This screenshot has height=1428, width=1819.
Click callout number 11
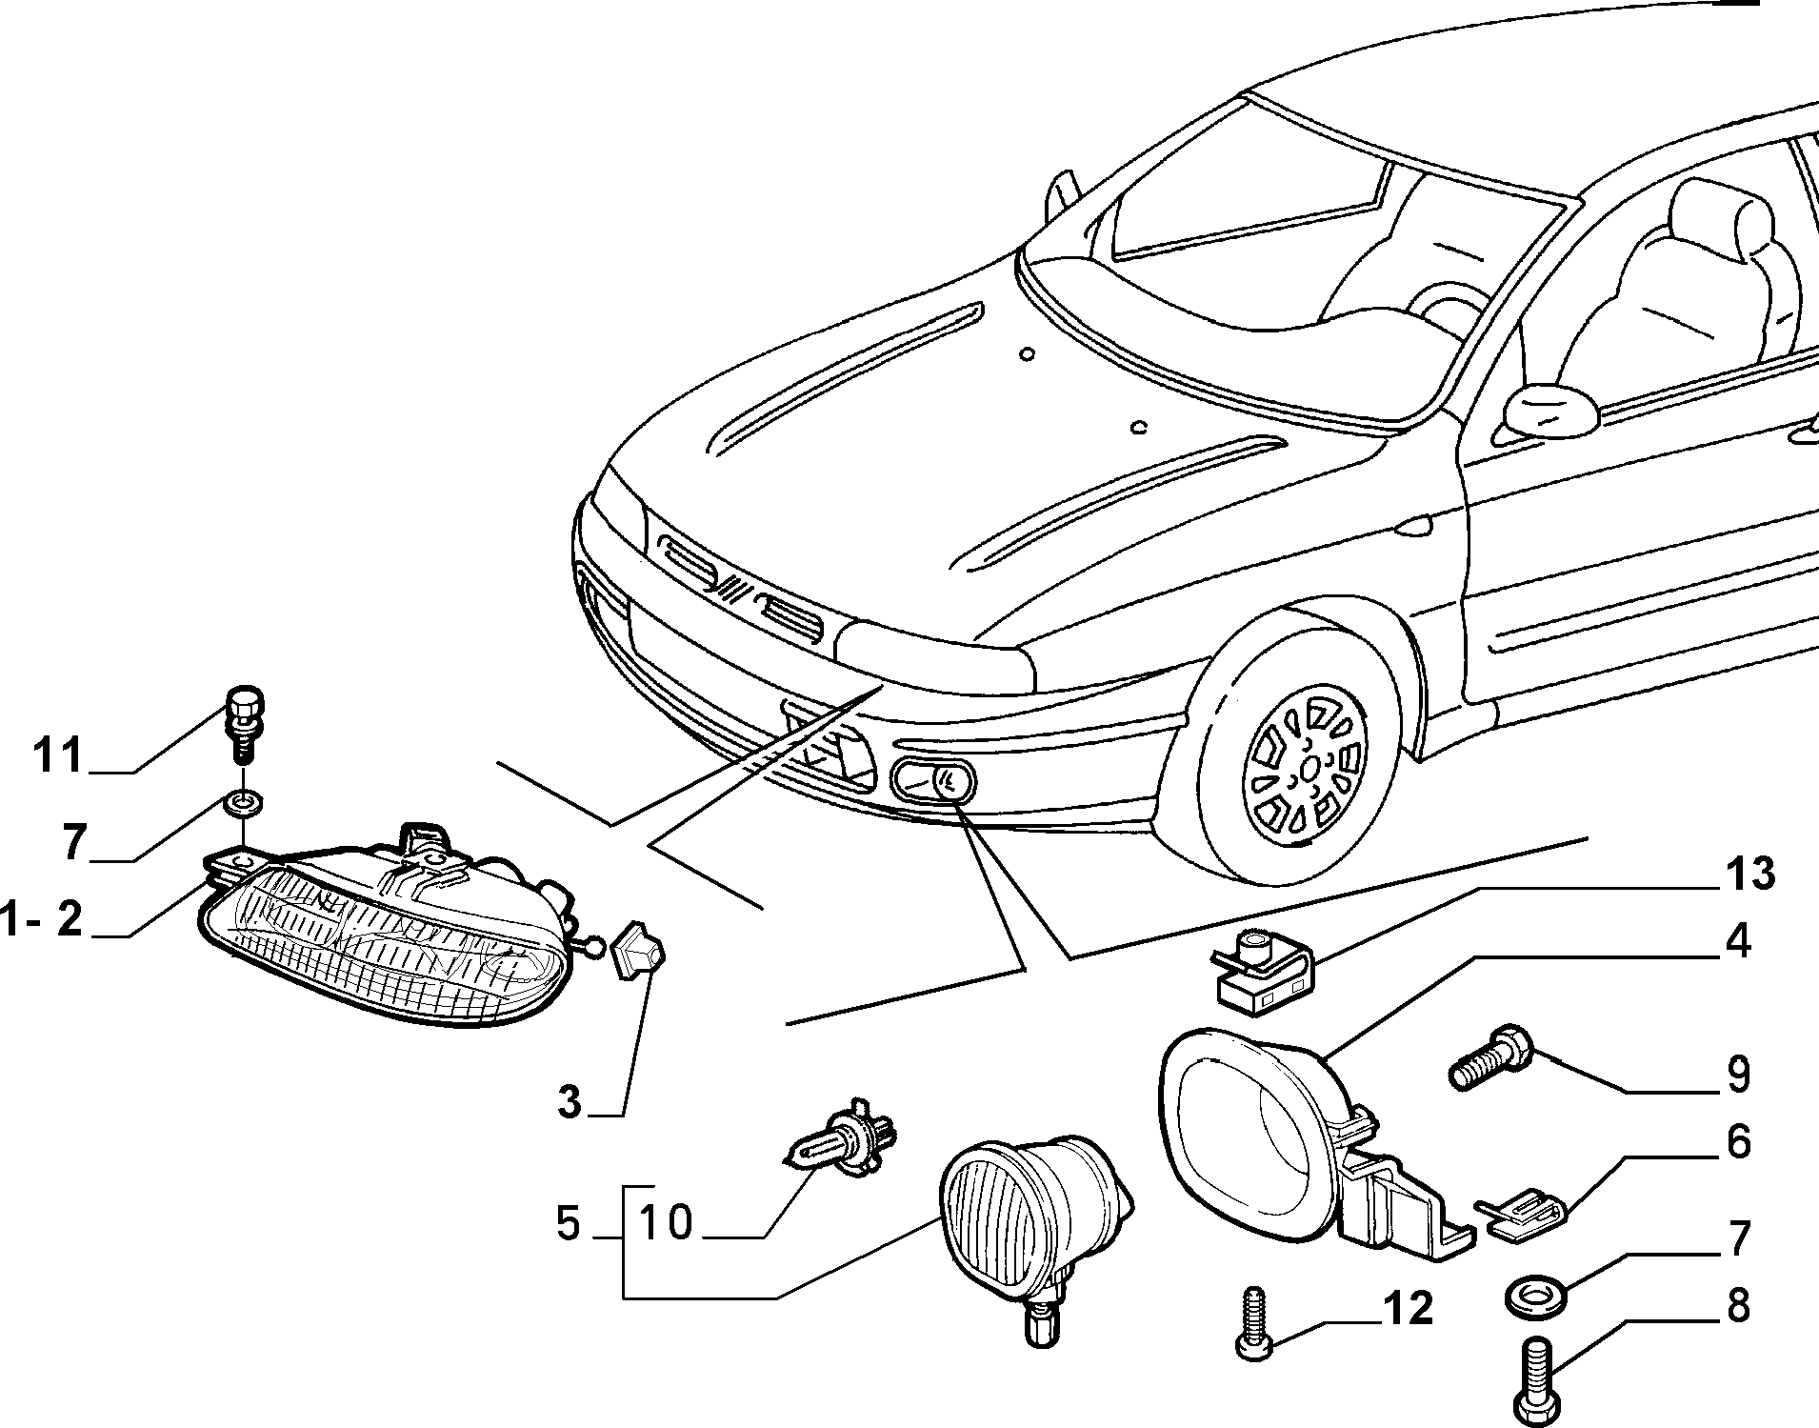pyautogui.click(x=58, y=757)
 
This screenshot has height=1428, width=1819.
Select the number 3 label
pyautogui.click(x=569, y=1102)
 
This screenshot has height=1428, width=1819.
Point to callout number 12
pyautogui.click(x=1407, y=1310)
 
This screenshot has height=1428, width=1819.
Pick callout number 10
pyautogui.click(x=666, y=1222)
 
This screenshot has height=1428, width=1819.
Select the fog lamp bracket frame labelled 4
pyautogui.click(x=1309, y=1143)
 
